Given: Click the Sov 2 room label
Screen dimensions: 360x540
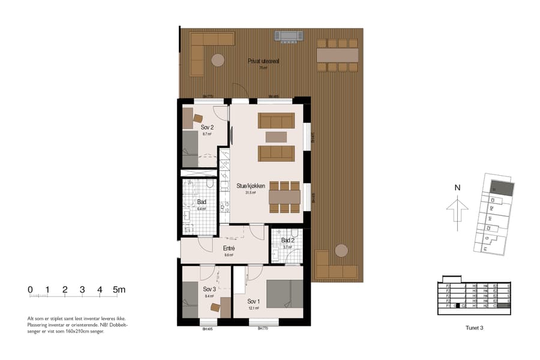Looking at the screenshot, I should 207,127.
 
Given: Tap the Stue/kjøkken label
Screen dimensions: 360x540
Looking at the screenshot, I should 251,186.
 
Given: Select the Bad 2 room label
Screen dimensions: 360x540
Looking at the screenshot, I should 288,240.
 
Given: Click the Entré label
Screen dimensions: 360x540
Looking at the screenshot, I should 229,248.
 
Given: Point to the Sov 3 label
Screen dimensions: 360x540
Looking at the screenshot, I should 209,289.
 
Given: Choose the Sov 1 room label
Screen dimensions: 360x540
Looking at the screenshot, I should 253,301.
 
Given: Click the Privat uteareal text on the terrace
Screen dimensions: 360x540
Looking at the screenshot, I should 263,61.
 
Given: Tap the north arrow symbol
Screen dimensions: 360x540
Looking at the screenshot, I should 457,209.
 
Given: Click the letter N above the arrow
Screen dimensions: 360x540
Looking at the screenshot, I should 457,187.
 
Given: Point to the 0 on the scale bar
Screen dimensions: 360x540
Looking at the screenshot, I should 30,290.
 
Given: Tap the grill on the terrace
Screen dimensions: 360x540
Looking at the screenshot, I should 287,36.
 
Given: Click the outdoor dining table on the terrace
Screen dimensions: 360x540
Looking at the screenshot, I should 337,55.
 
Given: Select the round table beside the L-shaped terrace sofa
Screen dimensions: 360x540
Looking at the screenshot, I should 217,60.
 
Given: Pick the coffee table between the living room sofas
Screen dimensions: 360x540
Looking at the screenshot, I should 276,137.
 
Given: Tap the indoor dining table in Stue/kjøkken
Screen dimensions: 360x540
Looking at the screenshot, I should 284,197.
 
